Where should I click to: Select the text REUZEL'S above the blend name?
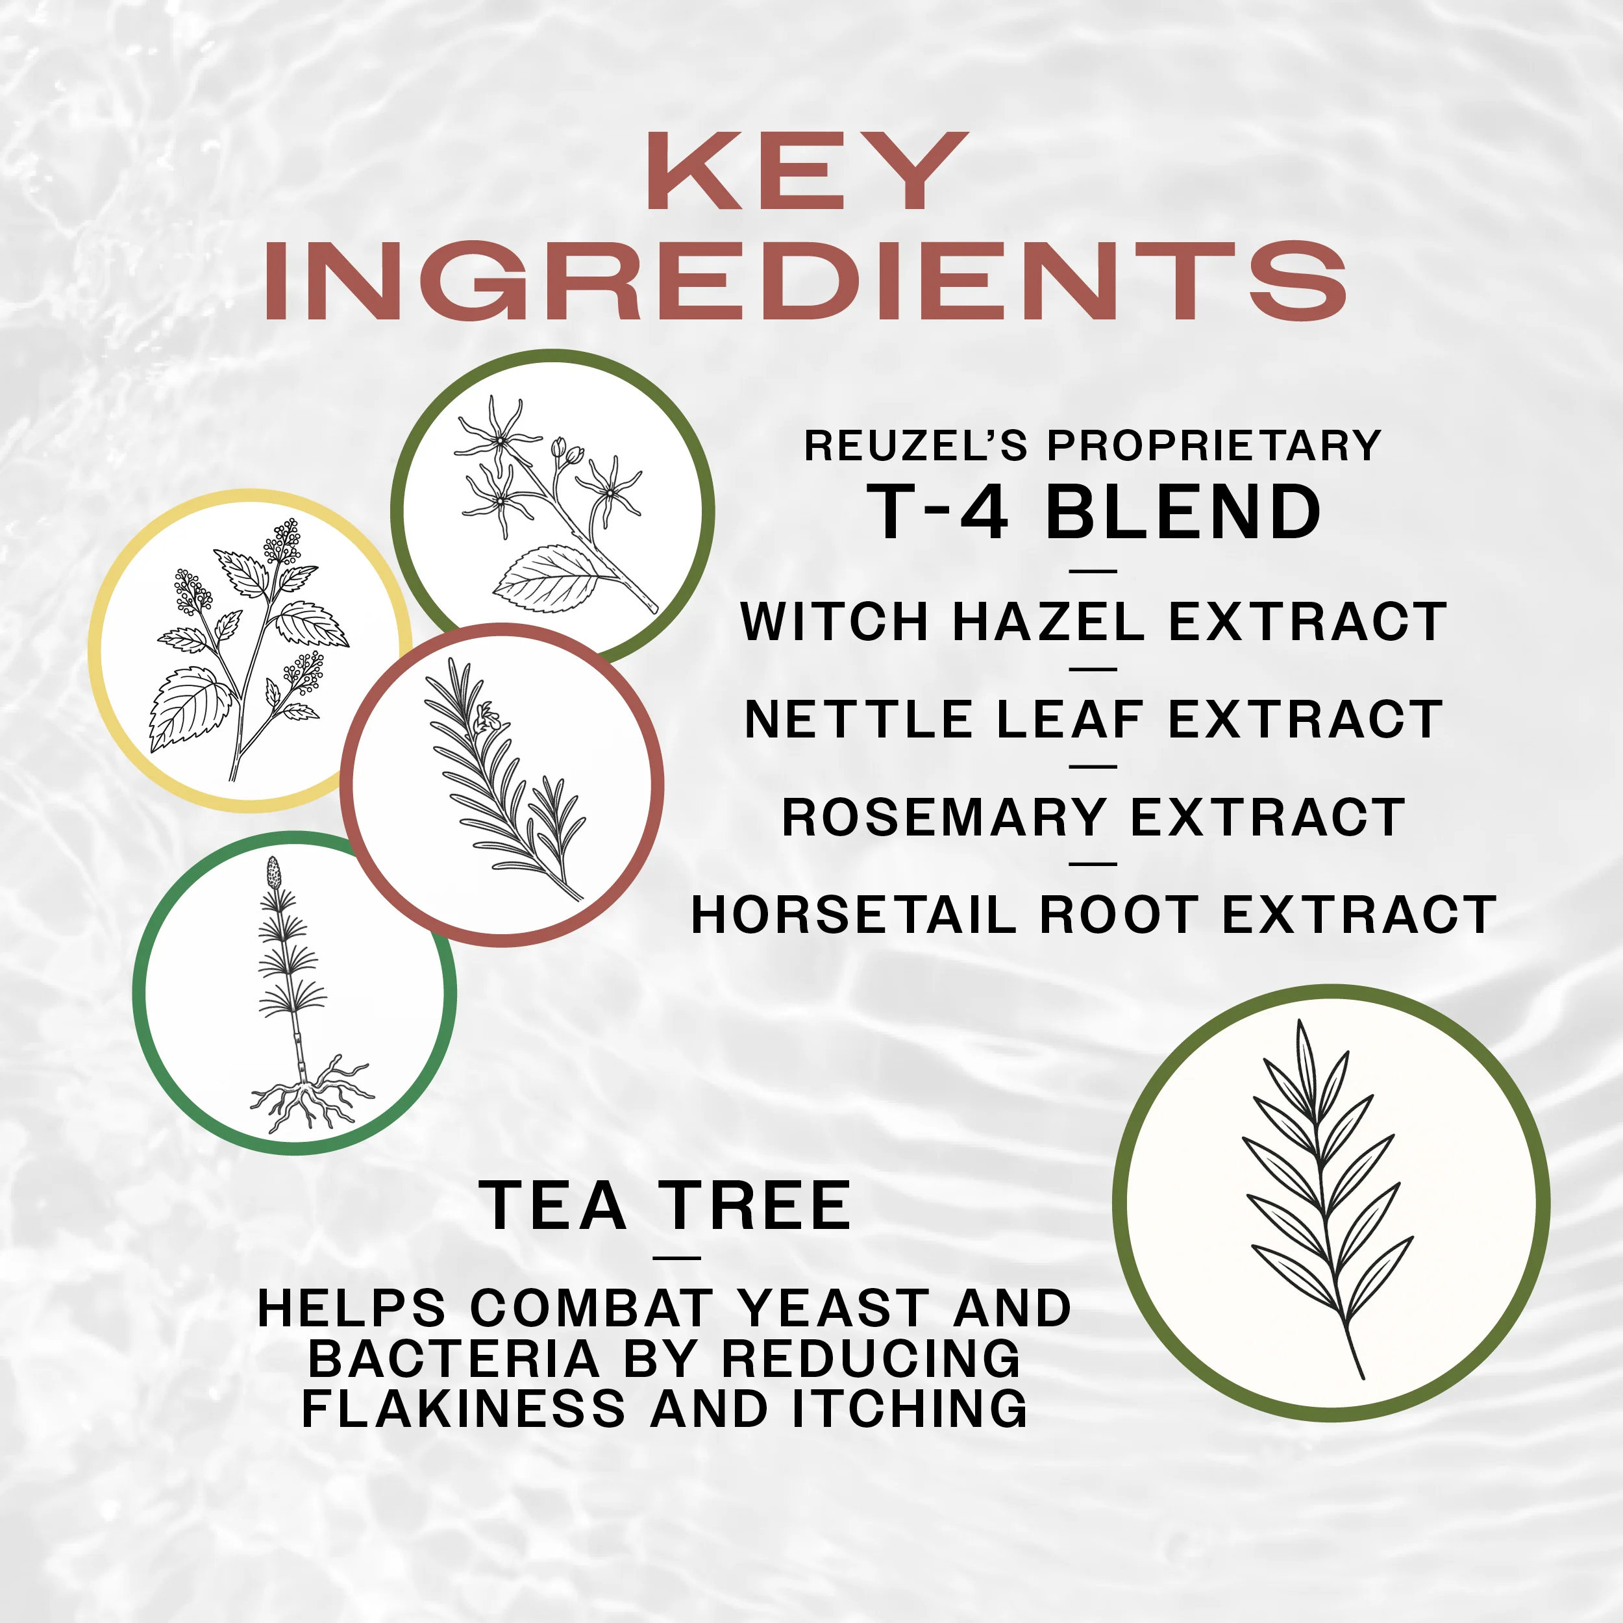(x=915, y=446)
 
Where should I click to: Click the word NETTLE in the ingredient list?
(x=858, y=720)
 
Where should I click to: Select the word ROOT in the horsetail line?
(x=1117, y=915)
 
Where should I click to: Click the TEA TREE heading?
(x=666, y=1206)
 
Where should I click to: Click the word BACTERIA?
(x=454, y=1358)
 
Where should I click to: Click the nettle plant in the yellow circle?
(x=248, y=651)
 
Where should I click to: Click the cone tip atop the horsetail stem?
(x=274, y=871)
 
